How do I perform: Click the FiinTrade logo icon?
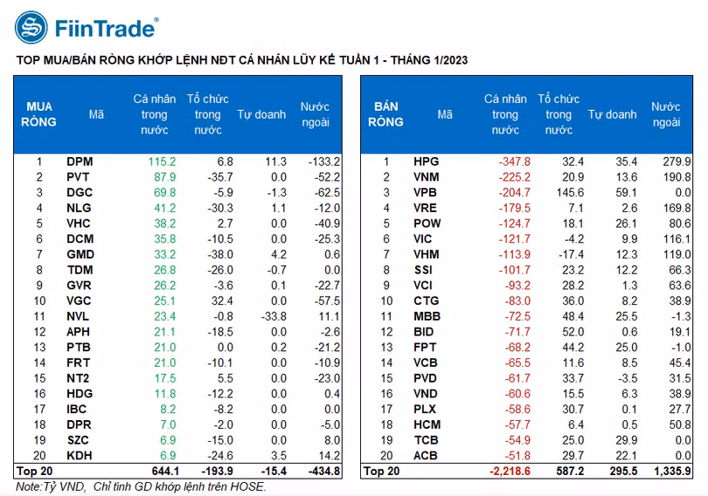(x=31, y=28)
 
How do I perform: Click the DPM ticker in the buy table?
(x=80, y=162)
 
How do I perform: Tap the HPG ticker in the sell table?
(x=427, y=162)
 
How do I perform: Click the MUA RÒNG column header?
(x=39, y=114)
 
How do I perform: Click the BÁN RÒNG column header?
(x=385, y=114)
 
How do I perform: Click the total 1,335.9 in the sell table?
(x=671, y=472)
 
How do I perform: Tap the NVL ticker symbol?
(x=79, y=316)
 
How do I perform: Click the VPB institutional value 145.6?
(x=567, y=192)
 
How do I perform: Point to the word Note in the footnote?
(x=29, y=486)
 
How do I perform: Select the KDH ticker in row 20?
(x=80, y=456)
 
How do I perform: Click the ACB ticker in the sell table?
(x=427, y=456)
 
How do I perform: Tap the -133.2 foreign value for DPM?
(x=324, y=162)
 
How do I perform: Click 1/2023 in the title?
(x=444, y=59)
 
